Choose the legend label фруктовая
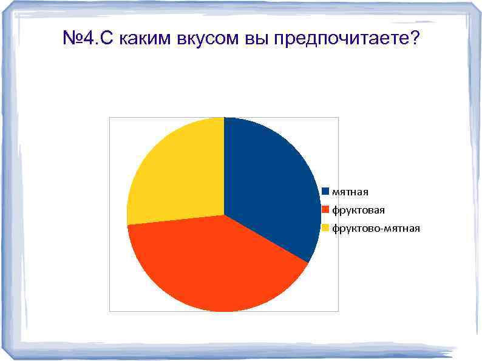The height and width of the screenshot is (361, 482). [x=358, y=210]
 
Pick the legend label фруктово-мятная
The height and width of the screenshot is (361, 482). [x=375, y=228]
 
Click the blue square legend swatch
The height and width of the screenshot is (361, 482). [x=325, y=192]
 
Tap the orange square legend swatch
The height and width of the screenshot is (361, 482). [x=325, y=210]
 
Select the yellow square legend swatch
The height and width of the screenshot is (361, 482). [x=325, y=228]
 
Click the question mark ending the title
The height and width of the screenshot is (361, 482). [x=413, y=39]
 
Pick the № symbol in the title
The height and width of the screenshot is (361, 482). [x=72, y=39]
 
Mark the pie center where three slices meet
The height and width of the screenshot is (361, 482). [x=224, y=214]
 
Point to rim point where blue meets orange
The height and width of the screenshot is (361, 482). [x=308, y=263]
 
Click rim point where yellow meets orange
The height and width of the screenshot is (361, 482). [x=127, y=225]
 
